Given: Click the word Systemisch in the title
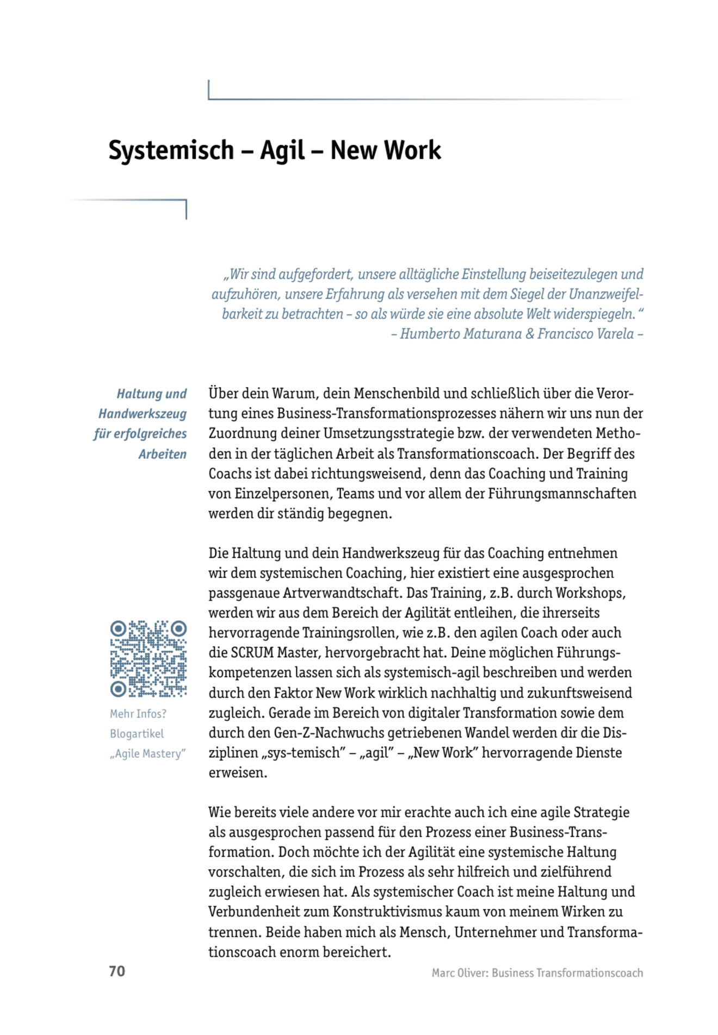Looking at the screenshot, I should (171, 151).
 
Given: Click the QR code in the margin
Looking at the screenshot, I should (148, 659).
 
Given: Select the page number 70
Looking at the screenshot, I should (117, 971).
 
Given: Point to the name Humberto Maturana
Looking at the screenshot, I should (461, 334).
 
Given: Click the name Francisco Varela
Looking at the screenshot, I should (585, 334).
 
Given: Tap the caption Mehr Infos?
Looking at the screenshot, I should (138, 714).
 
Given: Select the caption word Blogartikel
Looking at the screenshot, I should (137, 734).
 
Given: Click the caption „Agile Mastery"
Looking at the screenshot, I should (147, 754).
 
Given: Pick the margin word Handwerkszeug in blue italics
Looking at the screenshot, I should (143, 414).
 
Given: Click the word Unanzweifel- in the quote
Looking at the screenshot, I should (605, 294).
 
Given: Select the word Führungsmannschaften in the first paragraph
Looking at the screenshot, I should (562, 494).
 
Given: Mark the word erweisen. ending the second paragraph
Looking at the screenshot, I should (238, 773).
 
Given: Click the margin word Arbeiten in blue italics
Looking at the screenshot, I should (162, 454).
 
